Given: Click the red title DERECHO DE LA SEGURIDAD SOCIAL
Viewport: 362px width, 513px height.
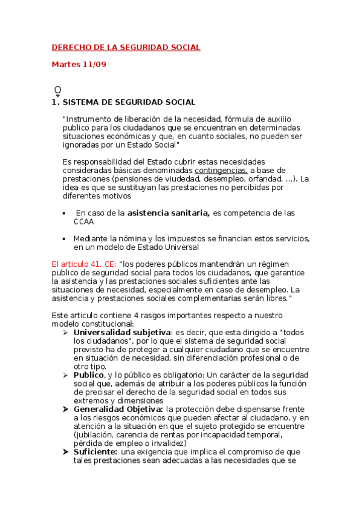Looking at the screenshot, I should [126, 47].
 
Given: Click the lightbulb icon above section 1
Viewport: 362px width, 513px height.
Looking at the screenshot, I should [58, 91].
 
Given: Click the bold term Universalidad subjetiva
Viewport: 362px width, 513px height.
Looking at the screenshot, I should [122, 333].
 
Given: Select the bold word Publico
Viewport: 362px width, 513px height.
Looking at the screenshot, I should [89, 375].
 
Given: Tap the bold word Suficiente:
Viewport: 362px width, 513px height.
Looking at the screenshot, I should [95, 451].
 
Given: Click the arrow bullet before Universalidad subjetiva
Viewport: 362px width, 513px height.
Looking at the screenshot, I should [66, 333].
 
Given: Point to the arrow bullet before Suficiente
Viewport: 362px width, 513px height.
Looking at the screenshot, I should [66, 451].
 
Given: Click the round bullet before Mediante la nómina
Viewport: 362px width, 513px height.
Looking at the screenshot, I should [65, 238].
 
